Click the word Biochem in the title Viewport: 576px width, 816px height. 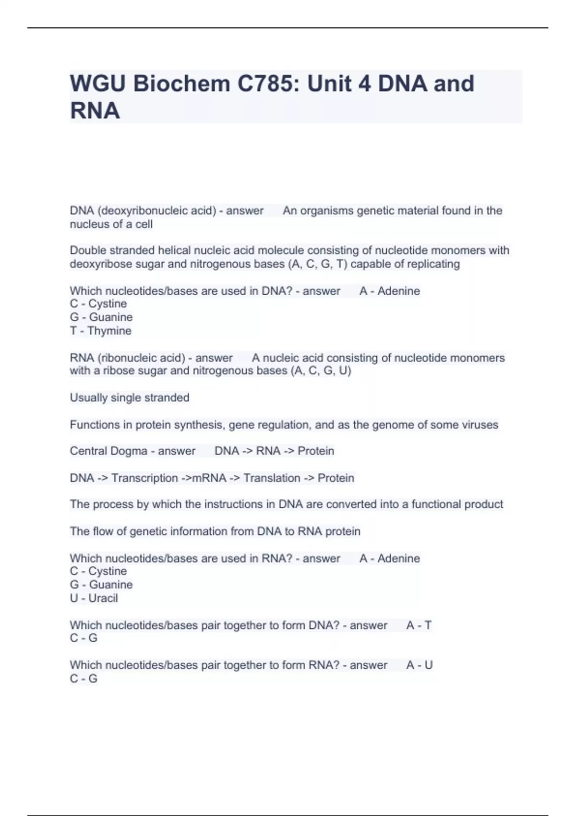[x=181, y=84]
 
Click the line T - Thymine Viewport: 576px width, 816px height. [x=100, y=331]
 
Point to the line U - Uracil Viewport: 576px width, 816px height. [x=94, y=598]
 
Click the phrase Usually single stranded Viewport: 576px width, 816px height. [x=130, y=397]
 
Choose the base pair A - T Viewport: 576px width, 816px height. [x=419, y=625]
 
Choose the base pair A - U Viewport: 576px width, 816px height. [x=419, y=665]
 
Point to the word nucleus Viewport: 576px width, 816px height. [x=89, y=224]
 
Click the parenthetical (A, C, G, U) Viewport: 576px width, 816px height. [x=321, y=371]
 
